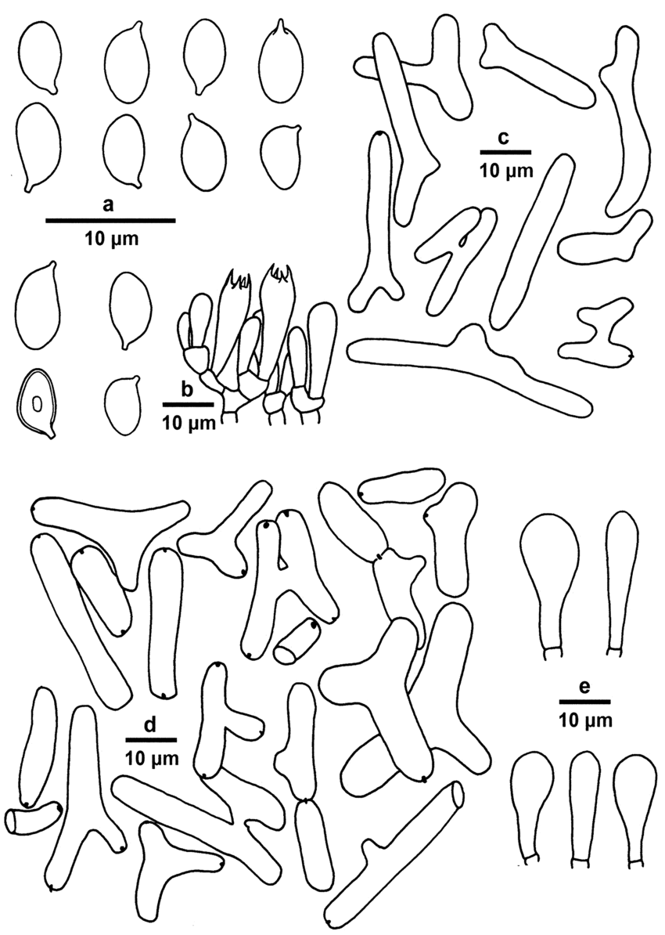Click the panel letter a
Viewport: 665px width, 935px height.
pos(108,206)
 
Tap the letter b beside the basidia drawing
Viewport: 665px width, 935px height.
pos(186,390)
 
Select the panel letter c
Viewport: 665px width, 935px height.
pos(503,139)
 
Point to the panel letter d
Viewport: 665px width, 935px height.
pos(150,724)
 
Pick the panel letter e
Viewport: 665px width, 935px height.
pos(584,688)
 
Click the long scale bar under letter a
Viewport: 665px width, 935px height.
pos(111,220)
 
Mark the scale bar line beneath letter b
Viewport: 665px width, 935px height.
pos(189,404)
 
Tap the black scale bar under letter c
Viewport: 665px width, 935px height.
pos(505,151)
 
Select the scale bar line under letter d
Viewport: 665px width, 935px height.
pos(151,739)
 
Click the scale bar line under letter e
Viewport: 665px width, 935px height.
pos(585,702)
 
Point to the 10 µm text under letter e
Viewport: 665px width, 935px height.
pos(586,720)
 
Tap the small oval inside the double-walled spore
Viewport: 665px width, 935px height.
pos(36,405)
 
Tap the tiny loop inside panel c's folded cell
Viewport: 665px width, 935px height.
pos(462,241)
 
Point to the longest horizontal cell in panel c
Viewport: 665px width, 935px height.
pos(469,369)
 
